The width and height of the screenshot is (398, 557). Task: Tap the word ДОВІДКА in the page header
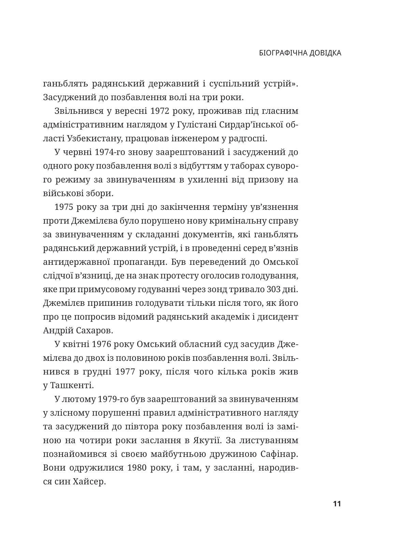(x=324, y=53)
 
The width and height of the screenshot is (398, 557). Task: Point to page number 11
(x=337, y=504)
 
